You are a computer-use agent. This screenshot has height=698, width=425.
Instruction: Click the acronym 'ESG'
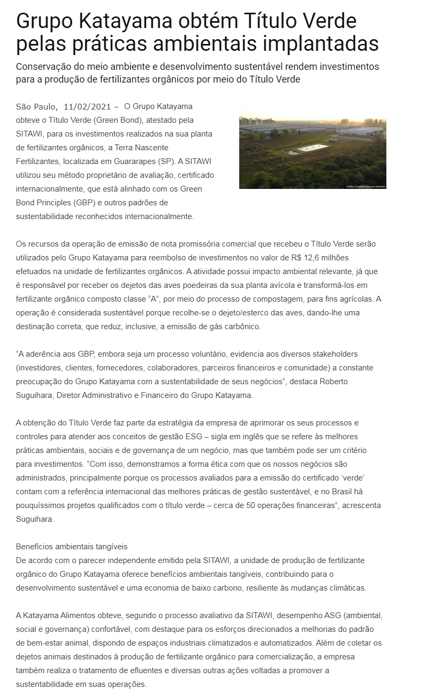pyautogui.click(x=221, y=437)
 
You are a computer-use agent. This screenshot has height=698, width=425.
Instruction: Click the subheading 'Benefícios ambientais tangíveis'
pyautogui.click(x=72, y=546)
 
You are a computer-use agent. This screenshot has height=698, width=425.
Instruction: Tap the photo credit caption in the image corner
pyautogui.click(x=365, y=186)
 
